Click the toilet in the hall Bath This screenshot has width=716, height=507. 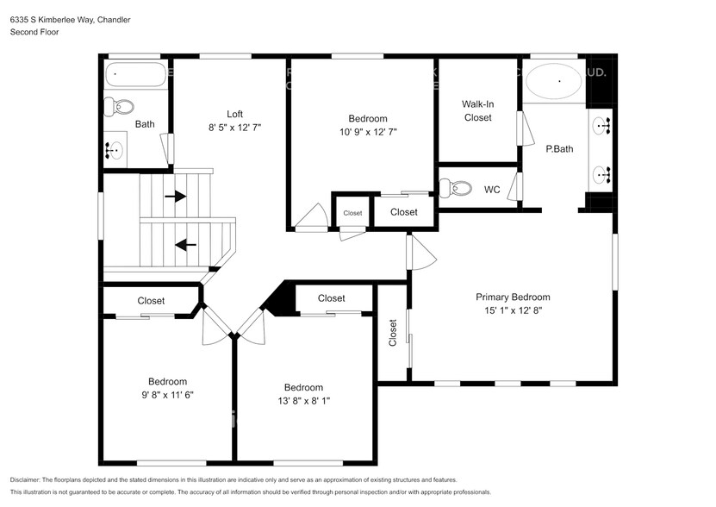pos(119,107)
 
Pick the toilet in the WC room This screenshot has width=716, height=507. pos(455,188)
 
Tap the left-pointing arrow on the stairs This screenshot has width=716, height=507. pos(185,245)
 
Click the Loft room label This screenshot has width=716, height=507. pos(234,114)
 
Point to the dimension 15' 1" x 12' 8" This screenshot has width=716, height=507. pos(513,310)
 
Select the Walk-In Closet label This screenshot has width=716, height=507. pos(477,110)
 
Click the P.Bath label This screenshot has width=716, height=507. pos(559,148)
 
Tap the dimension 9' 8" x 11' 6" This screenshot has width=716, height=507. pos(167,395)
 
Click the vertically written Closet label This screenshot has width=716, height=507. pos(393,335)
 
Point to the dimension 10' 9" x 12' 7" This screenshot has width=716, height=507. pos(367,132)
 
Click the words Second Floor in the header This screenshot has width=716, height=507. pos(34,32)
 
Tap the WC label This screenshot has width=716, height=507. pos(492,190)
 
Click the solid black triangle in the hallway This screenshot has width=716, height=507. pos(279,300)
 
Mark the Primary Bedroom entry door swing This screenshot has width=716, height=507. pos(420,252)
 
